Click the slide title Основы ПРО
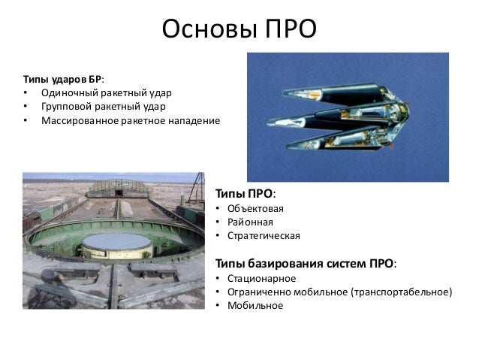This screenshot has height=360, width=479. pos(239,29)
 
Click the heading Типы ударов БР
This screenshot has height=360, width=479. pos(64,78)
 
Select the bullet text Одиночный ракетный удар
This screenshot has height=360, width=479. pos(107,92)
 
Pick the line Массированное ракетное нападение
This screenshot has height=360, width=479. pos(131,120)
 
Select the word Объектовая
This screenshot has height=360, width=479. pos(257,208)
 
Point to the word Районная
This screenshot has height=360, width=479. pos(252,222)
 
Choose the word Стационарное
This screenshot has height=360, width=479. pos(261,278)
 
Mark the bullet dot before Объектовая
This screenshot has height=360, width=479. pos(218,208)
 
